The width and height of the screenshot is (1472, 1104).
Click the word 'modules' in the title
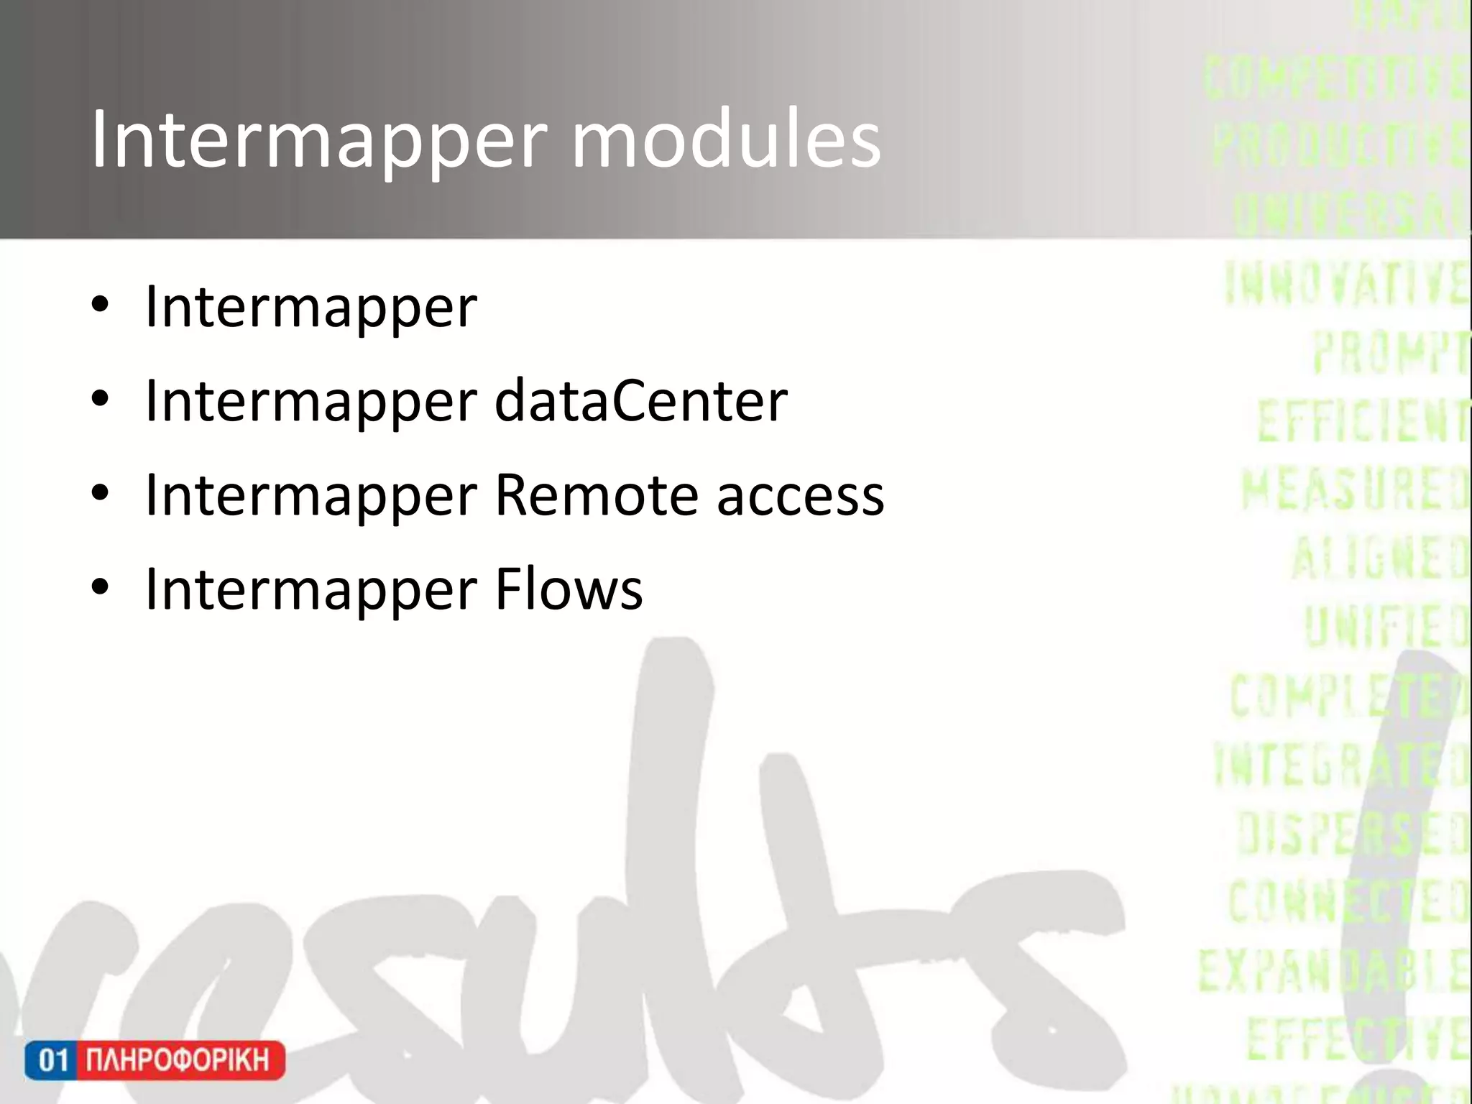tap(726, 140)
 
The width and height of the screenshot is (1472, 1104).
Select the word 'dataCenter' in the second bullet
tap(641, 401)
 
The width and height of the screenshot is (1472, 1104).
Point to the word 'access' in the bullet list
tap(801, 497)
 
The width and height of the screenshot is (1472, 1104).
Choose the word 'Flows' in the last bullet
tap(569, 589)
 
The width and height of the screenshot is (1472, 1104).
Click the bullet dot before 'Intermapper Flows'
tap(100, 588)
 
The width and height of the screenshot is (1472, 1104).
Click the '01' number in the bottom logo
tap(52, 1060)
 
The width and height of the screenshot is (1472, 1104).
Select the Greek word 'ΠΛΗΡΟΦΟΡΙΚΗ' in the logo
tap(178, 1060)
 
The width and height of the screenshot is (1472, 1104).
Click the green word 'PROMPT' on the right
tap(1389, 353)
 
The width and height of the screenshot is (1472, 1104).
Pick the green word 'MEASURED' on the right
tap(1354, 489)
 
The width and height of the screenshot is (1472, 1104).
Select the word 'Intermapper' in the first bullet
tap(310, 307)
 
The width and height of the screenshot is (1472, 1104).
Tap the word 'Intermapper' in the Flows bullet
tap(310, 589)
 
